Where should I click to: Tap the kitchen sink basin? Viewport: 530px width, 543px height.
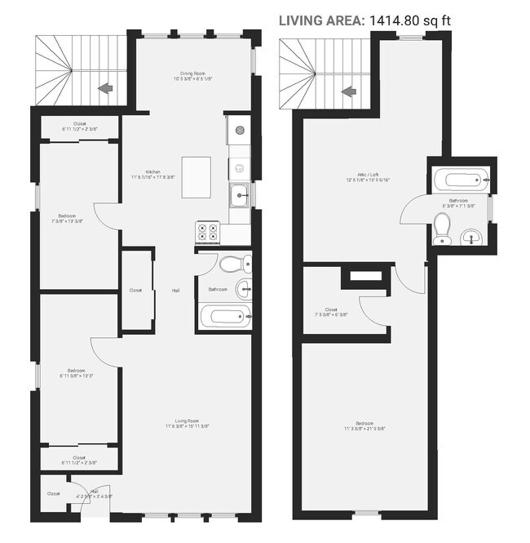(238, 194)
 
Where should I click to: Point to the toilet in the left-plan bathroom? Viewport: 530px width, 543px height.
(235, 264)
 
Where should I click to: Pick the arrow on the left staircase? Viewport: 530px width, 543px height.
(104, 87)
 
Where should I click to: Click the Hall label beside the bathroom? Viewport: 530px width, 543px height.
(175, 290)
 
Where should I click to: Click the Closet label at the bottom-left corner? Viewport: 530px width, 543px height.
(53, 493)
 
